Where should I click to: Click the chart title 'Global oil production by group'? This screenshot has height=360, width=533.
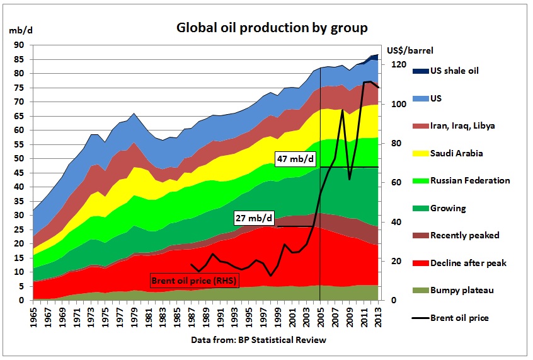[272, 28]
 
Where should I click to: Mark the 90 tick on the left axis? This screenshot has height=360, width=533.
[20, 45]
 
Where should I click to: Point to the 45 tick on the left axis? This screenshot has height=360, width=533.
[20, 173]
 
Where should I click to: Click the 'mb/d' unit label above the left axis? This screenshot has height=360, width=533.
[17, 30]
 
